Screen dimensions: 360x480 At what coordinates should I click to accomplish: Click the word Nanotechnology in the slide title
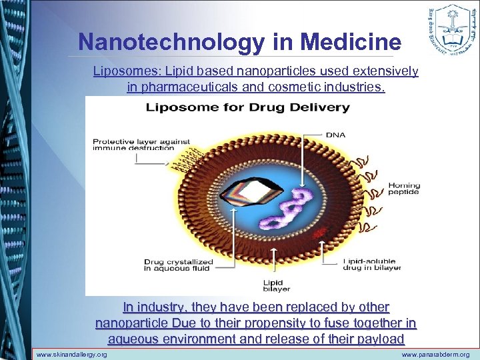coord(171,42)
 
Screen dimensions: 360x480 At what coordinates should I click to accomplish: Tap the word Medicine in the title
coord(351,42)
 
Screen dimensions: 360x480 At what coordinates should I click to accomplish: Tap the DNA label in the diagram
coord(335,134)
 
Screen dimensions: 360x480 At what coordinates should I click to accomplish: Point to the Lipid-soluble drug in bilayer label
coord(373,265)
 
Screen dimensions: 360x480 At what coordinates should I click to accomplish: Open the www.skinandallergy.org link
coord(71,355)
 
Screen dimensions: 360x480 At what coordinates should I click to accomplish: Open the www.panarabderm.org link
coord(435,355)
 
